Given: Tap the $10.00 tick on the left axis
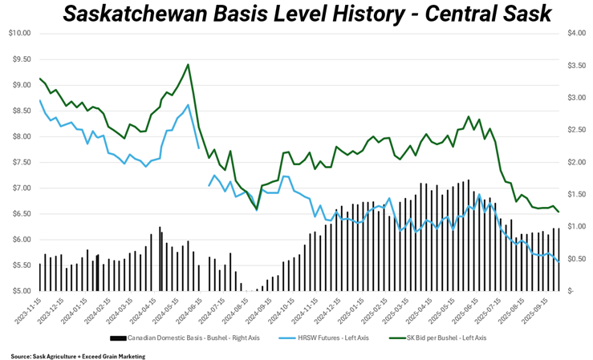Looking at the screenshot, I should [x=19, y=33].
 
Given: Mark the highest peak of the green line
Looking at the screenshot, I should [x=188, y=65].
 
